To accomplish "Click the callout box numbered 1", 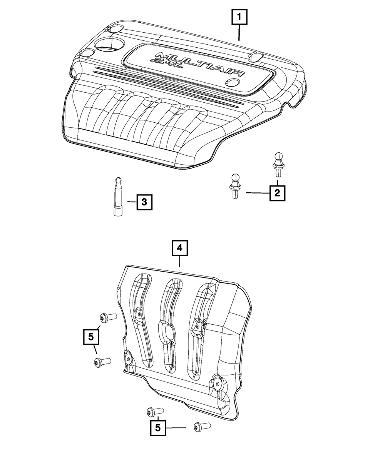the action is pos(239,17).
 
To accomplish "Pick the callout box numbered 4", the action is pos(180,249).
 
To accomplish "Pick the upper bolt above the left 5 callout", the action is pos(107,317).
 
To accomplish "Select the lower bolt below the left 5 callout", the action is pos(102,362).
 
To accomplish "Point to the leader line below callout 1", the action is pos(239,33).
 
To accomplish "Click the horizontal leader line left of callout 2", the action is pos(258,193).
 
